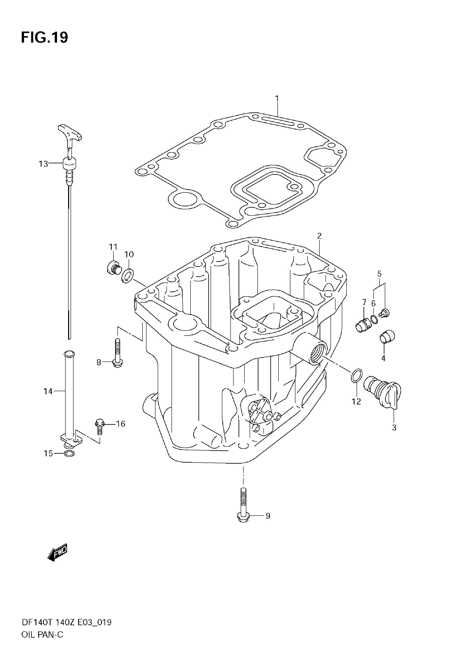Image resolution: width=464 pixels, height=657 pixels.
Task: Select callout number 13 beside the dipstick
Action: (43, 164)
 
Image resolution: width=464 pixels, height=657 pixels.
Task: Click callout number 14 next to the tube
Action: (48, 391)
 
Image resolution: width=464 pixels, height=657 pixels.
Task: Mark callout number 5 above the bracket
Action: (379, 274)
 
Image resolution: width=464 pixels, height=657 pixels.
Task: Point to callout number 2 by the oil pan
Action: (319, 236)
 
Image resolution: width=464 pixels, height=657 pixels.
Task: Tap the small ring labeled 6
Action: (374, 319)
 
